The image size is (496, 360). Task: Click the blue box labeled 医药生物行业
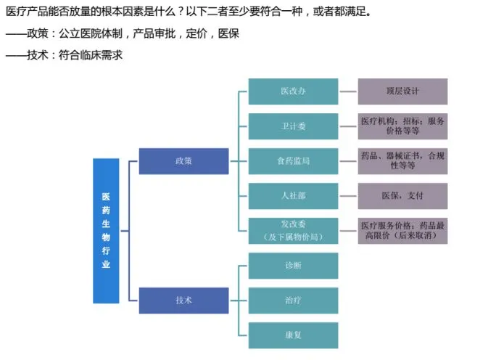[106, 230]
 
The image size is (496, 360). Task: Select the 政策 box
[183, 160]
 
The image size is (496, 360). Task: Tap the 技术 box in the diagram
[183, 300]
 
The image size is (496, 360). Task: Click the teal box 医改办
[293, 91]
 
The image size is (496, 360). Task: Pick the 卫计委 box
[293, 126]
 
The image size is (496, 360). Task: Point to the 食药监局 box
[293, 160]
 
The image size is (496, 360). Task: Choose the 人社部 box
[293, 195]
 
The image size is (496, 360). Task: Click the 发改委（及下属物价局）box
[293, 230]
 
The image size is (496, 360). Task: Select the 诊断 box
[293, 265]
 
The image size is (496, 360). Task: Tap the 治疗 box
[293, 300]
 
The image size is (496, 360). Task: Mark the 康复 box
[293, 335]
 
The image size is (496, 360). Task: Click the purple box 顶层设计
[402, 91]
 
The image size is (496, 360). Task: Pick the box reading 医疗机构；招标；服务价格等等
[402, 126]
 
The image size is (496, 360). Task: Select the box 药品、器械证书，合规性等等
[402, 160]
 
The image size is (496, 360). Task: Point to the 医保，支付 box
[402, 195]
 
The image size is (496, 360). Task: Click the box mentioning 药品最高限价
[402, 230]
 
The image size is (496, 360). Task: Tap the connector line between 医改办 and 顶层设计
[348, 91]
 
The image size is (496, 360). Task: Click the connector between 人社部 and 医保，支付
[348, 195]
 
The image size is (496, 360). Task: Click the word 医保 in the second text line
[227, 33]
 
